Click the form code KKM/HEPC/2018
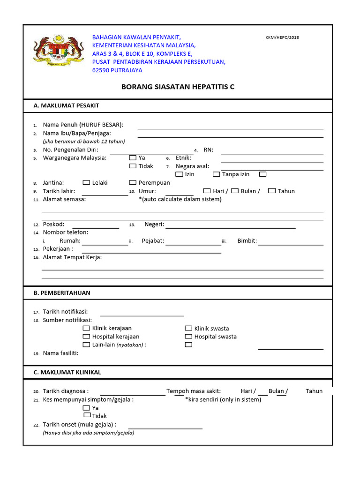pyautogui.click(x=282, y=37)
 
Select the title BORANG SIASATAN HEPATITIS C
pyautogui.click(x=178, y=87)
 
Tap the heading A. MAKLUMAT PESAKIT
pyautogui.click(x=66, y=105)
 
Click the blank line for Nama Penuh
pyautogui.click(x=230, y=126)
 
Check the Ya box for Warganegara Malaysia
pyautogui.click(x=133, y=158)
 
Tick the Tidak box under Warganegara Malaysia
pyautogui.click(x=133, y=166)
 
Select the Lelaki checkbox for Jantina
pyautogui.click(x=86, y=183)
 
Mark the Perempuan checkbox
pyautogui.click(x=133, y=183)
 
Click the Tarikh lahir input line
pyautogui.click(x=105, y=192)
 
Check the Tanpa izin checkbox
pyautogui.click(x=216, y=174)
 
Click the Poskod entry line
pyautogui.click(x=96, y=225)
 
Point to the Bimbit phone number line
pyautogui.click(x=291, y=242)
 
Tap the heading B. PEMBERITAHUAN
pyautogui.click(x=62, y=292)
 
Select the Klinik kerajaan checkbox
pyautogui.click(x=86, y=328)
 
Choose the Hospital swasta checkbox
pyautogui.click(x=188, y=337)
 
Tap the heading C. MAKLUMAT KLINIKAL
pyautogui.click(x=67, y=372)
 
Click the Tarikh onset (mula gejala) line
pyautogui.click(x=165, y=426)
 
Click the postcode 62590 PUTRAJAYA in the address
pyautogui.click(x=117, y=70)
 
